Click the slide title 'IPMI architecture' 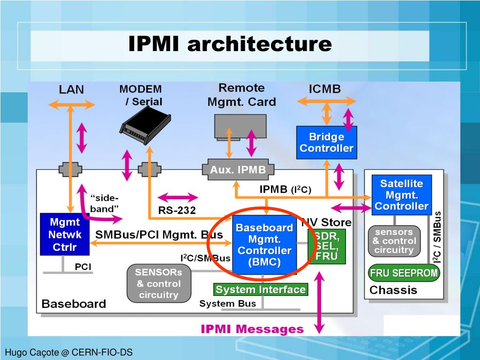click(230, 45)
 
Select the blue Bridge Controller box click(326, 142)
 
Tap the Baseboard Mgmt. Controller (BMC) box click(264, 245)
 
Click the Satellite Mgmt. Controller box click(401, 195)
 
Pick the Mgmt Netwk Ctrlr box click(64, 234)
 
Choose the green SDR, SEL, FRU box click(327, 246)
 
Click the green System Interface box click(261, 290)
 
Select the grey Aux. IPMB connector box click(238, 170)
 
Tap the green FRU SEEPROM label click(404, 273)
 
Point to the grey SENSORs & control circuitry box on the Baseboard click(158, 283)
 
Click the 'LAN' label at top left click(71, 89)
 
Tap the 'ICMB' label click(324, 89)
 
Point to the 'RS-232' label click(177, 210)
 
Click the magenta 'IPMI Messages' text click(252, 329)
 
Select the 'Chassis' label click(393, 290)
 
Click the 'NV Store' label click(327, 222)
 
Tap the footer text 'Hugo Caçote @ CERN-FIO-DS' click(69, 352)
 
